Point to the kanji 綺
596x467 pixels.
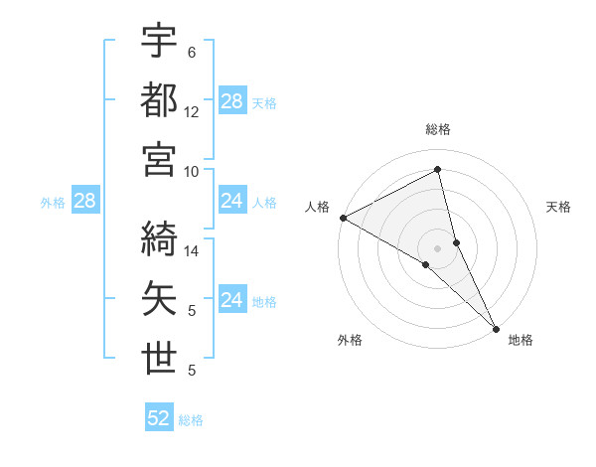click(x=159, y=237)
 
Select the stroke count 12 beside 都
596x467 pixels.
click(x=192, y=112)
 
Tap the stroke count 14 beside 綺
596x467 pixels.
click(x=192, y=251)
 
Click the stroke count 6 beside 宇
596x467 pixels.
click(x=192, y=52)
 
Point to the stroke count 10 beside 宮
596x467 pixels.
click(x=192, y=171)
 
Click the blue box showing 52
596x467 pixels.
click(x=159, y=418)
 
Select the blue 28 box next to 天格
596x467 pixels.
click(x=232, y=101)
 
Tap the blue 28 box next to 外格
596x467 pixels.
click(x=84, y=202)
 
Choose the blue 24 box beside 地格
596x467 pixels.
click(x=232, y=300)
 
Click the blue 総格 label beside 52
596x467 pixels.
click(x=191, y=420)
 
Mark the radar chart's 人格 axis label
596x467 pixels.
click(x=317, y=207)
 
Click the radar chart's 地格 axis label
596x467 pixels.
click(x=521, y=340)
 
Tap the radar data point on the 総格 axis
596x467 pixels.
click(x=438, y=170)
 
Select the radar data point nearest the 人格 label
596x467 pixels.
click(x=343, y=218)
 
